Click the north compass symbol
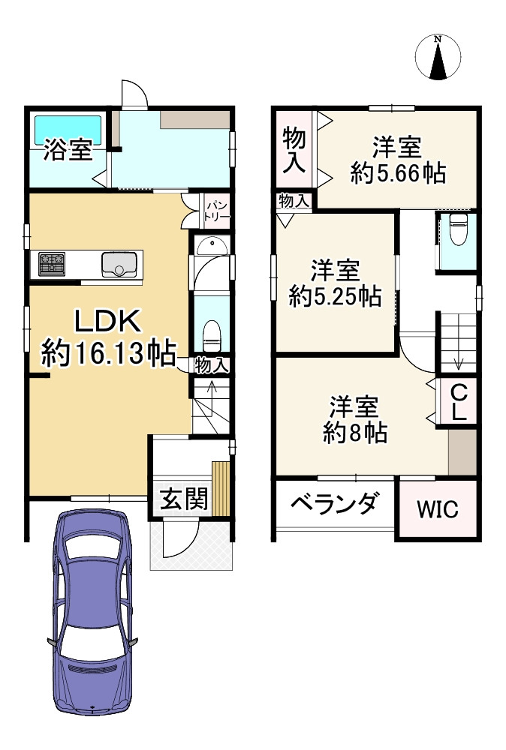pyautogui.click(x=438, y=56)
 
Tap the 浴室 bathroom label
pyautogui.click(x=68, y=150)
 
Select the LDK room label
pyautogui.click(x=107, y=321)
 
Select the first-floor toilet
pyautogui.click(x=212, y=334)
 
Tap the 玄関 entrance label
pyautogui.click(x=184, y=499)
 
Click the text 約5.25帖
pyautogui.click(x=335, y=296)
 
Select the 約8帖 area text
pyautogui.click(x=355, y=432)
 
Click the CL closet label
pyautogui.click(x=459, y=401)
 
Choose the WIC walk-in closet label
pyautogui.click(x=437, y=511)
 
